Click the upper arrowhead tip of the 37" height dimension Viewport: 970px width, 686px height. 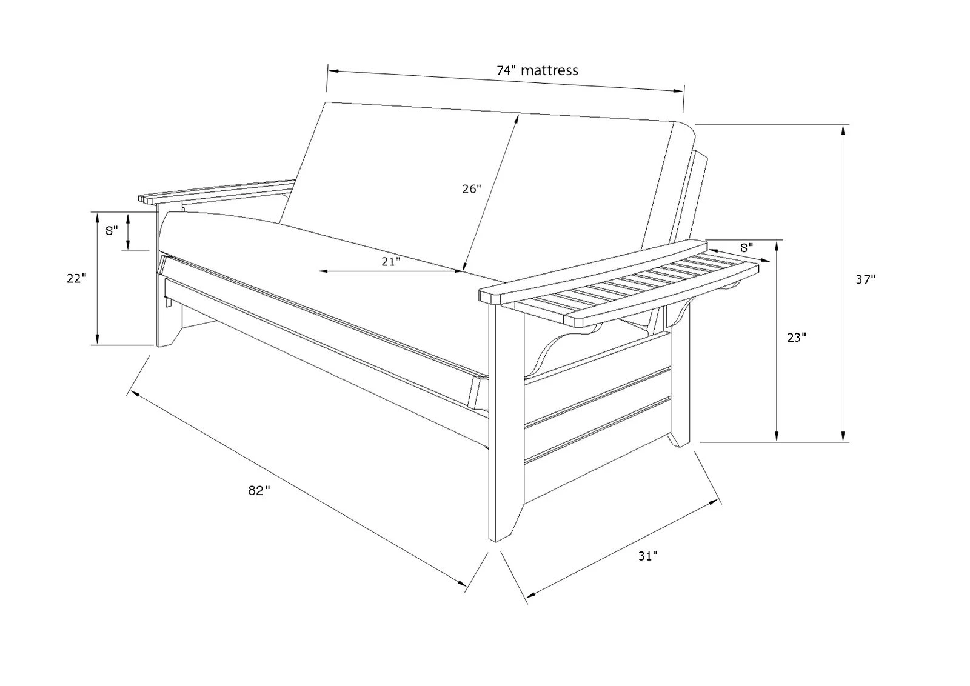843,125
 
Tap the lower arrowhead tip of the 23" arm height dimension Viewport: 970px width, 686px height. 777,441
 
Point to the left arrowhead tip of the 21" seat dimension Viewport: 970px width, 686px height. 319,271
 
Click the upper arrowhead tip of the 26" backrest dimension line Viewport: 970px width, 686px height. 519,115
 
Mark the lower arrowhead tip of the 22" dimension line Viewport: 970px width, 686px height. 98,344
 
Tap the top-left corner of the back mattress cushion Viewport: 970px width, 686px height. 326,102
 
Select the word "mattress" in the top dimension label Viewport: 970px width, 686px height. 549,70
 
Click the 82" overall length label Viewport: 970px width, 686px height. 259,490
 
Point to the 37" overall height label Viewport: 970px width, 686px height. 866,279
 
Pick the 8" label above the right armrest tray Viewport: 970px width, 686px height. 746,248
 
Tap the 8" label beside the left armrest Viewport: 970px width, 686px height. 112,231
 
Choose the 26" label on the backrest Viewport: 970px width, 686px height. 472,189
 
